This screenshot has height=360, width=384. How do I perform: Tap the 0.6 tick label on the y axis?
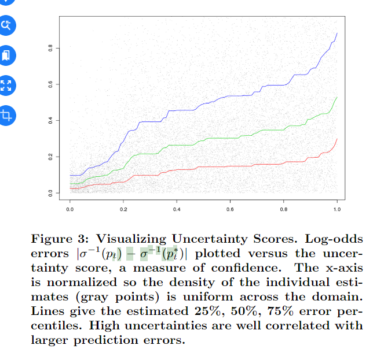[x=51, y=84]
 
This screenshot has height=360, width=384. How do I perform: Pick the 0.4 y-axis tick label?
[x=51, y=120]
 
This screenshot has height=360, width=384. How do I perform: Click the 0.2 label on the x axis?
[x=123, y=207]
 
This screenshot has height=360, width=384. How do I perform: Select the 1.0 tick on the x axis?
[x=337, y=207]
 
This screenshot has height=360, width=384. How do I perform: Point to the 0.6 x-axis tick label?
[x=231, y=207]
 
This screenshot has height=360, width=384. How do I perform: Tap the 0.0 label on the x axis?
[x=70, y=207]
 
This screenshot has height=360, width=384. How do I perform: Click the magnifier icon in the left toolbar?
[x=7, y=25]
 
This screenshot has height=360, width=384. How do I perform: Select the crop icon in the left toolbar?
[x=7, y=114]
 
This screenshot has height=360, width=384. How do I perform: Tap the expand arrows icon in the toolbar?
[x=7, y=86]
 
